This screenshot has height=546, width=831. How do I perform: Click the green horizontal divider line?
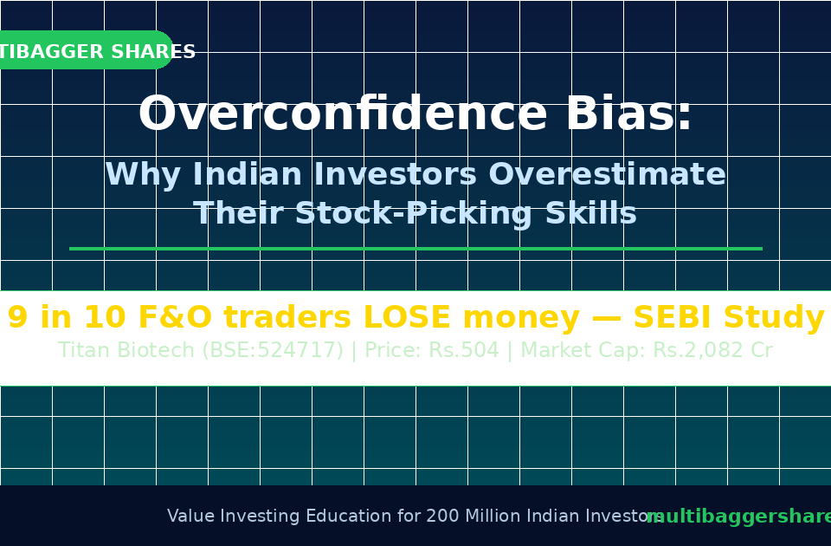coord(415,249)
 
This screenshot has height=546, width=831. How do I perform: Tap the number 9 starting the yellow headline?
coord(17,317)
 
